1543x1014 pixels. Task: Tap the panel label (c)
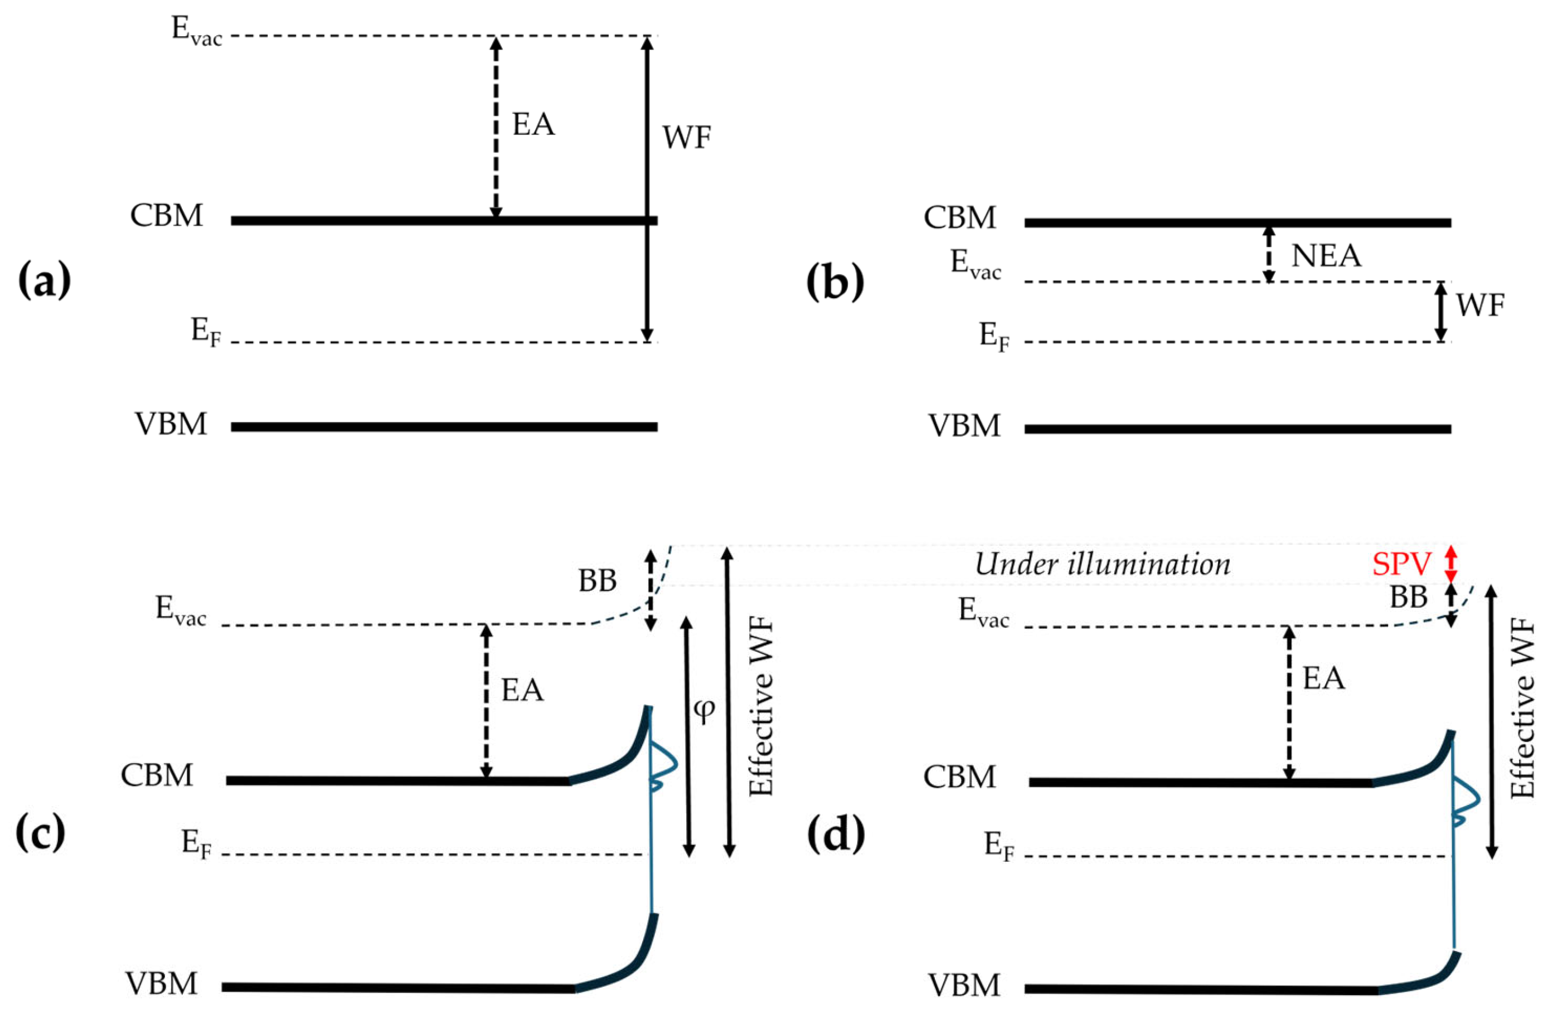(40, 835)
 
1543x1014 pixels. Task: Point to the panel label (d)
(836, 835)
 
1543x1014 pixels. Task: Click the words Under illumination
(1102, 564)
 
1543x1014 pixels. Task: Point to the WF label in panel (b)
(1480, 305)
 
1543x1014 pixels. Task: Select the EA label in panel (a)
(533, 124)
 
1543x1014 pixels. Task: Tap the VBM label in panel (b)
(964, 426)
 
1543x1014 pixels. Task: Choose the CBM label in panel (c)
(157, 775)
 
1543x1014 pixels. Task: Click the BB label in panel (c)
(597, 581)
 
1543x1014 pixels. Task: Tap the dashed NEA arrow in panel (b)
(1269, 254)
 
